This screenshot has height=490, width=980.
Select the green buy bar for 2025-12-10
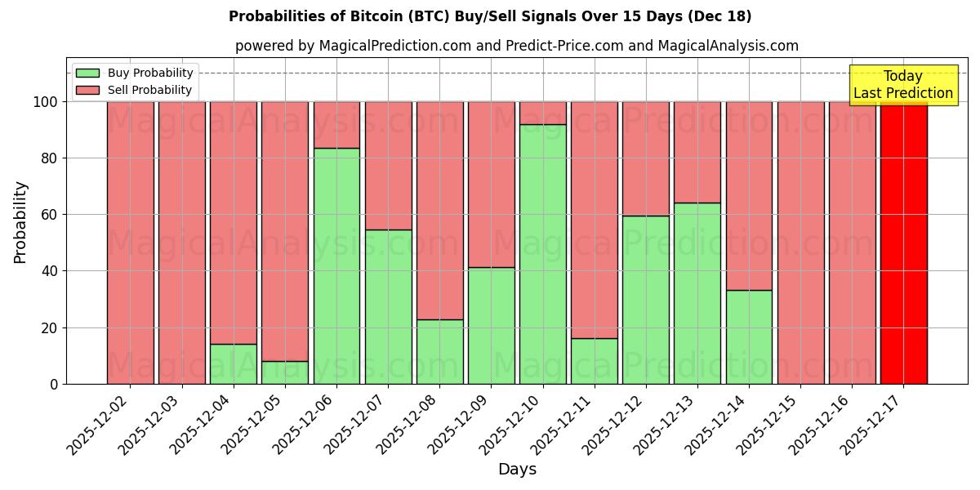tap(543, 254)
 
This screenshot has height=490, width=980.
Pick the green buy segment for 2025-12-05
tap(285, 372)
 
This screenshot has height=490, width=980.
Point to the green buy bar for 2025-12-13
tap(697, 293)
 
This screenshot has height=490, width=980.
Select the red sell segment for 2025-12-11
tap(594, 220)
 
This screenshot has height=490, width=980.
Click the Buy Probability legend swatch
tap(87, 73)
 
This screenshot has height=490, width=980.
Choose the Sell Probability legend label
tap(149, 91)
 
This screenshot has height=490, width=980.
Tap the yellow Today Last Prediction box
tap(903, 85)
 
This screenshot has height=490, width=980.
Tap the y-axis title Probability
tap(20, 222)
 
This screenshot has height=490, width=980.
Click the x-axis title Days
tap(517, 470)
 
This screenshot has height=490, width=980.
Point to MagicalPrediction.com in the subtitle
tap(394, 46)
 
